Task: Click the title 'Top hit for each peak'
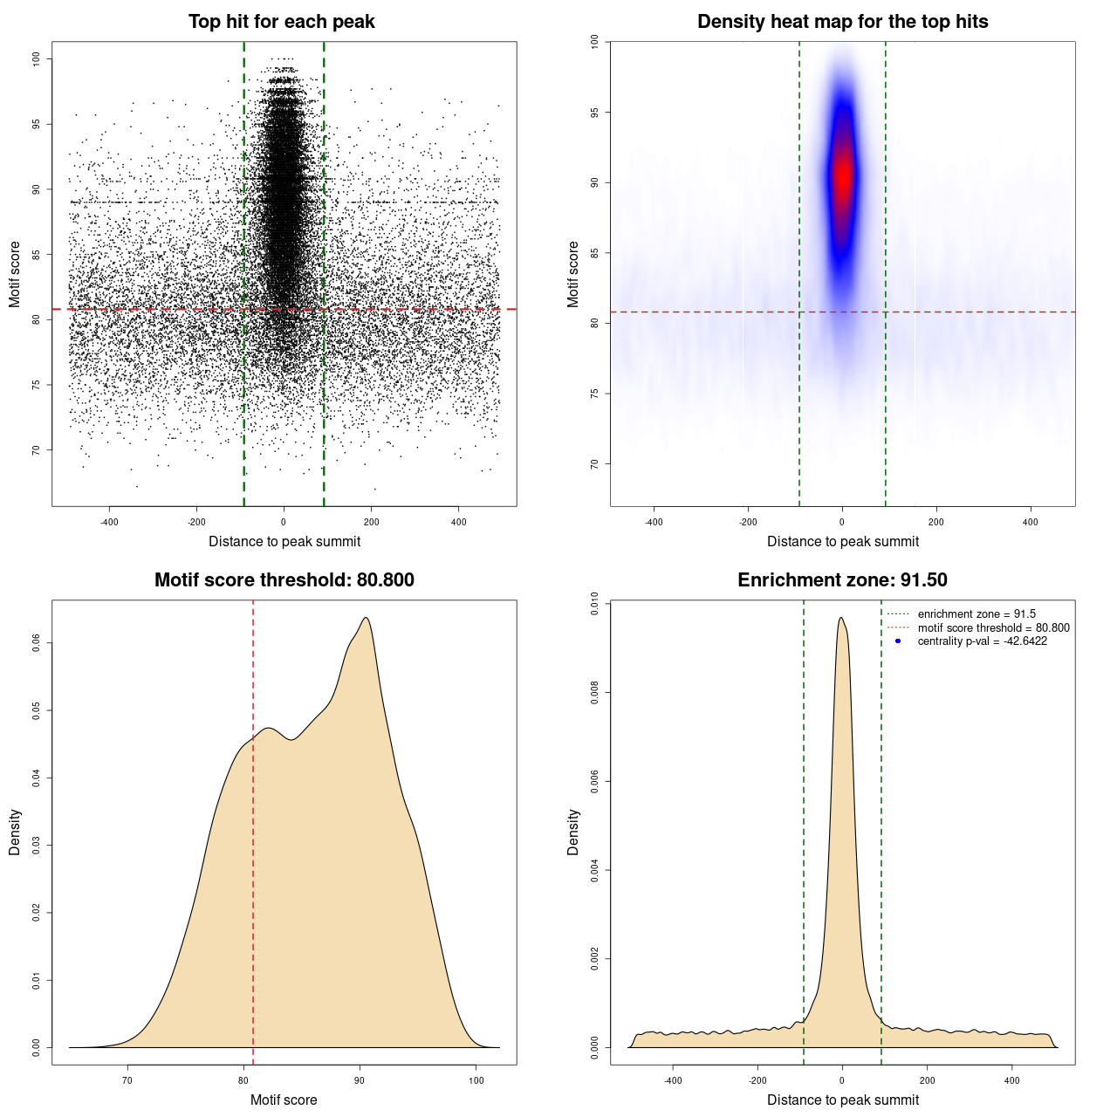(x=281, y=22)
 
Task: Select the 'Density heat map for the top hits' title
(x=842, y=22)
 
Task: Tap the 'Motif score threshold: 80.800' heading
(x=284, y=580)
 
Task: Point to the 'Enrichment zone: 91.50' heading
(x=842, y=580)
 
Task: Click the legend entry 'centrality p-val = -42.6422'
(x=982, y=641)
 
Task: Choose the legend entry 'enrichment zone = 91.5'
(x=977, y=614)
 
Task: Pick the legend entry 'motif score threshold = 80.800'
(x=993, y=628)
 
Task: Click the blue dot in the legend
(x=898, y=641)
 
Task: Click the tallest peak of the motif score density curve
(x=366, y=618)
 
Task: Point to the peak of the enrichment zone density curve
(x=840, y=618)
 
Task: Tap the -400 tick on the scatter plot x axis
(x=109, y=522)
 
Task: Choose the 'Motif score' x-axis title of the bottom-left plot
(x=284, y=1100)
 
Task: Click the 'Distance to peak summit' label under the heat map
(x=842, y=541)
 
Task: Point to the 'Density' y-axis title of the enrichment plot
(x=573, y=832)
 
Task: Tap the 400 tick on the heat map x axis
(x=1031, y=522)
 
